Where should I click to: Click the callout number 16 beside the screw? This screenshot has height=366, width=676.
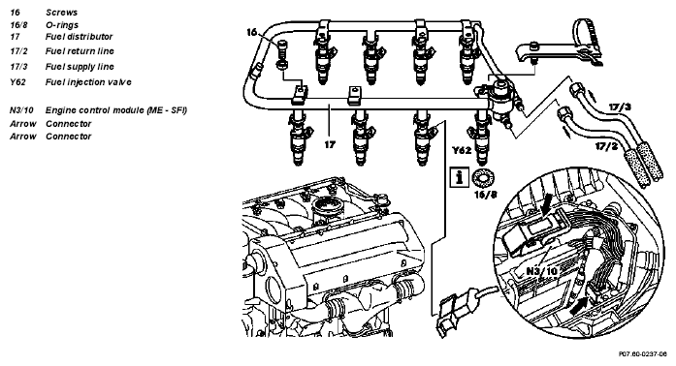252,32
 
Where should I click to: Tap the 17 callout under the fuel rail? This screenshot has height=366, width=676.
330,144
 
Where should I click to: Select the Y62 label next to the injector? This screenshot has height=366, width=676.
462,150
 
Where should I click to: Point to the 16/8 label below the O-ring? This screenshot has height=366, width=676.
486,195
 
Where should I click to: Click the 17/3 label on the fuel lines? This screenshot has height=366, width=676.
620,107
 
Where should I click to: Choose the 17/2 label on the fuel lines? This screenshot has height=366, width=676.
606,146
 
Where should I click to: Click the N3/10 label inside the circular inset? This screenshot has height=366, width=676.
542,271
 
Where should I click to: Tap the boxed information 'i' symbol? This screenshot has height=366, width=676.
460,176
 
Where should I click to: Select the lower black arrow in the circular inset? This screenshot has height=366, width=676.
579,305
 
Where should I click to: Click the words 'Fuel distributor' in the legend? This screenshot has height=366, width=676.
79,37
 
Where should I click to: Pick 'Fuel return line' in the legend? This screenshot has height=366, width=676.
80,51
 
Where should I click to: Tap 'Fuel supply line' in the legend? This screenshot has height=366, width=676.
80,67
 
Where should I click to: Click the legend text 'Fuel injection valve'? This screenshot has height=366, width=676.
88,82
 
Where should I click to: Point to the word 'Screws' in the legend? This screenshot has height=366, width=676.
62,13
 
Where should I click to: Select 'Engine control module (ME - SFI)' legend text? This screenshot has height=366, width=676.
116,110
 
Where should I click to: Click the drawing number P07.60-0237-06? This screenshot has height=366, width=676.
642,354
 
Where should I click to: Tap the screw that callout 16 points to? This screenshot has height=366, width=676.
282,55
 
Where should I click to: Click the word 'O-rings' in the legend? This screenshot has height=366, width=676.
62,25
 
